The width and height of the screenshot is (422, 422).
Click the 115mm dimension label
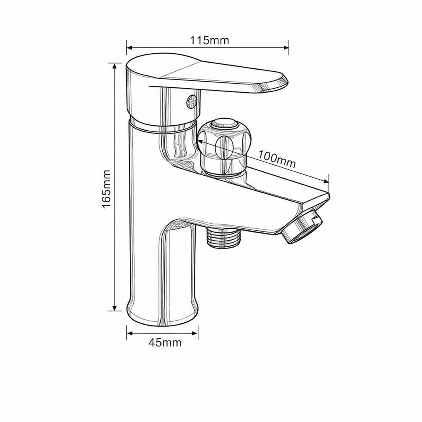(x=210, y=40)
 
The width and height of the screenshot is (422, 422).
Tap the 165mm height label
(x=107, y=189)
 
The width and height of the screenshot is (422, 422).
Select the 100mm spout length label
(x=277, y=159)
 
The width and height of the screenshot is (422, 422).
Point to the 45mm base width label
(x=165, y=342)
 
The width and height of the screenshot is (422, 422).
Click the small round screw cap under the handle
(x=191, y=101)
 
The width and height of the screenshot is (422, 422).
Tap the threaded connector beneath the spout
(x=223, y=237)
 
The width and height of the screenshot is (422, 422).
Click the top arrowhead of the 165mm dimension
(x=115, y=66)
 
